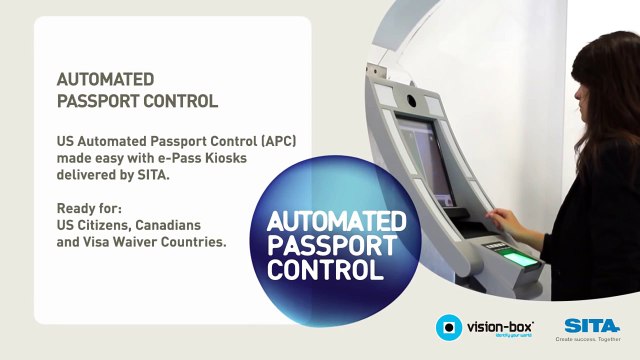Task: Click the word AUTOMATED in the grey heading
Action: [105, 79]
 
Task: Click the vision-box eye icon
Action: [450, 327]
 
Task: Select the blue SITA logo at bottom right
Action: [589, 324]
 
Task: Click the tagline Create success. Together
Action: [589, 339]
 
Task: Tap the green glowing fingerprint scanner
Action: [519, 258]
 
